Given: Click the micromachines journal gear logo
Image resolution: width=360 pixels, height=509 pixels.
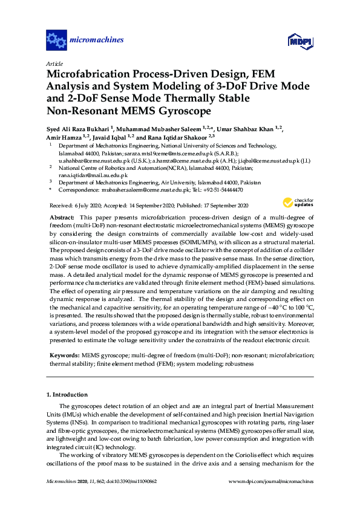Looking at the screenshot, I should tap(56, 41).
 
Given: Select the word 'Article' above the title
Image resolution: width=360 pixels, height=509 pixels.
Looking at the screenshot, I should tap(54, 63).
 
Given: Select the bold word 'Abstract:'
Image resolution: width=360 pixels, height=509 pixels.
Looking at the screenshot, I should tap(61, 217).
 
